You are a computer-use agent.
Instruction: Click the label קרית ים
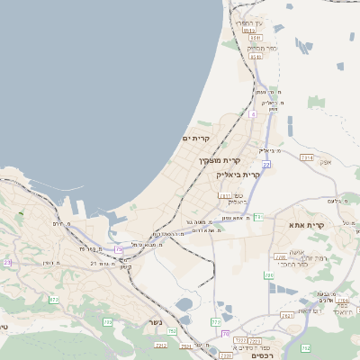tap(195, 139)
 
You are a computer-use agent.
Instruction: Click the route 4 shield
tap(253, 115)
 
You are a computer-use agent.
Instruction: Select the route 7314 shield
tap(307, 157)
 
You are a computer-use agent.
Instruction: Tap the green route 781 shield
tap(257, 217)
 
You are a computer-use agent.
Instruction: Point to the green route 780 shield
tap(268, 275)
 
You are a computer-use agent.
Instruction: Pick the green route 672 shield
tap(54, 300)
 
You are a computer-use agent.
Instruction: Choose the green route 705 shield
tap(107, 321)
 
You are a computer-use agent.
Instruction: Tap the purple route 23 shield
tap(7, 262)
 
